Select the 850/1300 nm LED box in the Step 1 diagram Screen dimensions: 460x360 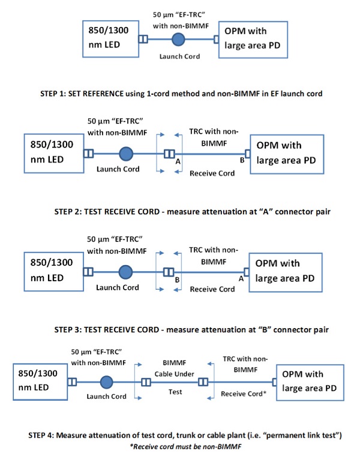pos(107,38)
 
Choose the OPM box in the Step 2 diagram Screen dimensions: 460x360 pos(287,154)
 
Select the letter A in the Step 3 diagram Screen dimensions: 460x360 pos(241,278)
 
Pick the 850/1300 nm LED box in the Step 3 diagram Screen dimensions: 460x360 pos(53,270)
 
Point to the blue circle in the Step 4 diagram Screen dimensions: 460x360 pos(107,381)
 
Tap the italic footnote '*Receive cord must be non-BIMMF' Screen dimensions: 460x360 pos(181,447)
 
